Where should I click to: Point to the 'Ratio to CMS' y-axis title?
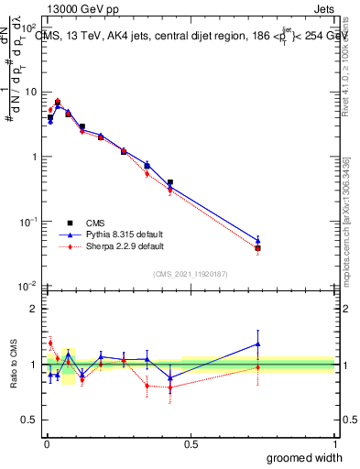pos(13,365)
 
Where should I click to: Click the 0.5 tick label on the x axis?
pos(191,443)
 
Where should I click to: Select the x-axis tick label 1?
pos(333,443)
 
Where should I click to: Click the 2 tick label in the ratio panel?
pos(35,309)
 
